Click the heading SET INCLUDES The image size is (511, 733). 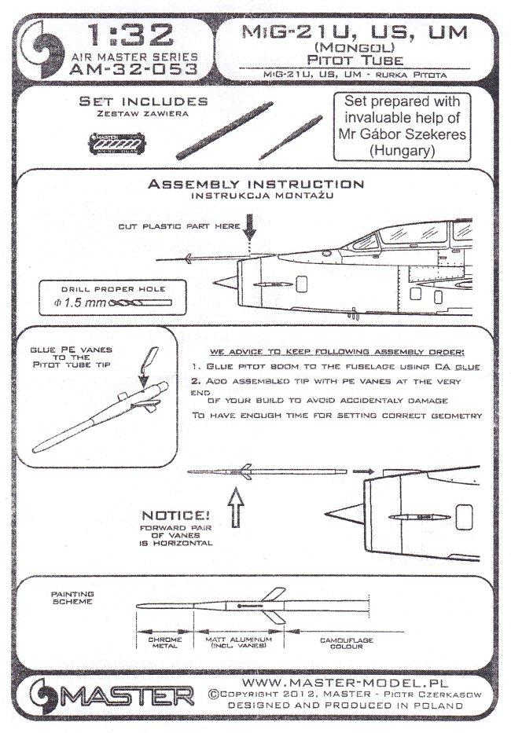(x=143, y=102)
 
